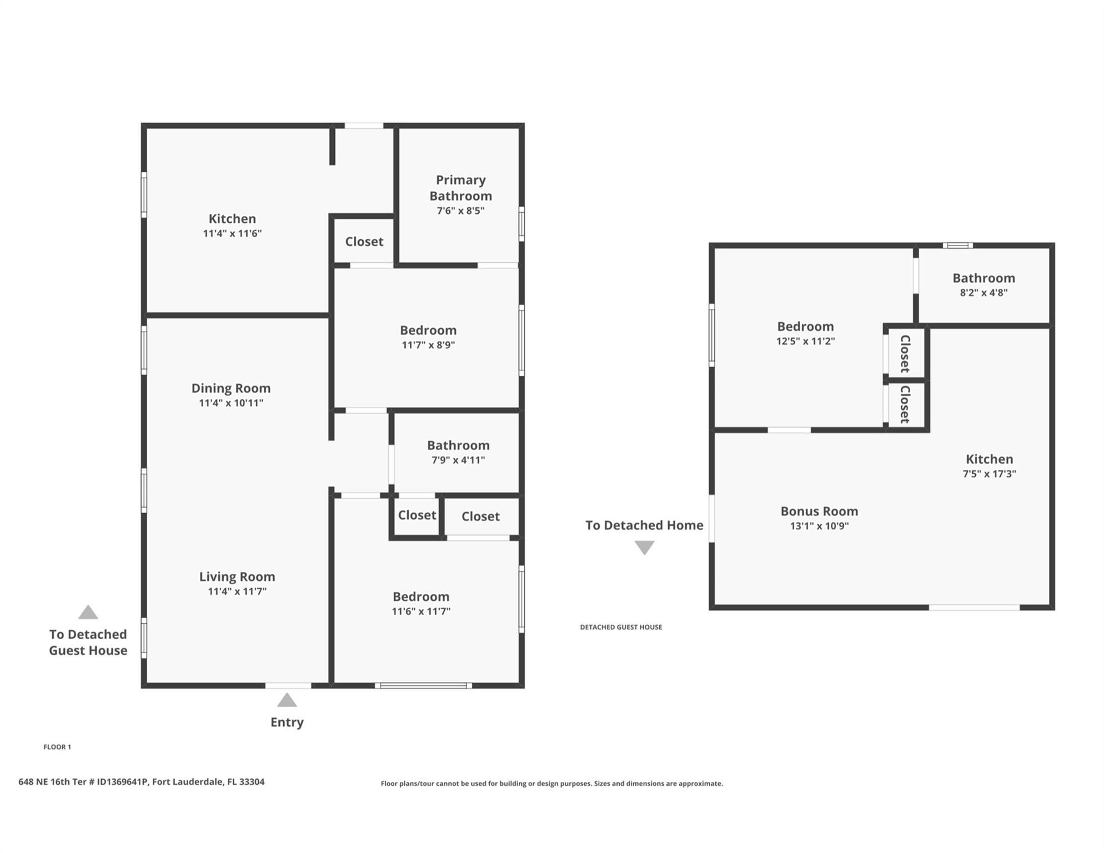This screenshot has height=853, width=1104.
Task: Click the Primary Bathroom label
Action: (460, 188)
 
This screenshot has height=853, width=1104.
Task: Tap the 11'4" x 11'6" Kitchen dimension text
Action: (232, 233)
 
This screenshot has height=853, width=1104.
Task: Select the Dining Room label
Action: (231, 388)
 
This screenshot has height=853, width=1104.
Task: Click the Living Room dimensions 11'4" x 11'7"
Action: (237, 591)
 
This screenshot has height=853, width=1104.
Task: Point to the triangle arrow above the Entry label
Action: (287, 700)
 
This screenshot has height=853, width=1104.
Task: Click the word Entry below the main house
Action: (287, 722)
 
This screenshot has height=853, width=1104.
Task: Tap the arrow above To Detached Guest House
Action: (88, 613)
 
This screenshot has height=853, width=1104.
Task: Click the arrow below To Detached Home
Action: (644, 548)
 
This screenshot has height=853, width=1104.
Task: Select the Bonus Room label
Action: (819, 511)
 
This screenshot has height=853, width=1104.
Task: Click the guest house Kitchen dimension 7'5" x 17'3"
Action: (989, 474)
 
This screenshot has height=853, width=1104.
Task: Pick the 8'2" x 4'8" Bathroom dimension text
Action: (983, 293)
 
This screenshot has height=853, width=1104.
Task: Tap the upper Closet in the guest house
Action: (905, 354)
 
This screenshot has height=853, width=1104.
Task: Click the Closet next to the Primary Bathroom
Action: (364, 242)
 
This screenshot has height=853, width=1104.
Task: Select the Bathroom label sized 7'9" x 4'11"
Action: (458, 445)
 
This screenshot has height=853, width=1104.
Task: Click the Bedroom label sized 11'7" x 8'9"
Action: (428, 330)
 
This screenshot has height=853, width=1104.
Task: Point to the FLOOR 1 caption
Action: (57, 747)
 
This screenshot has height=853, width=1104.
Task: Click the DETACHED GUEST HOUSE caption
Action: (621, 627)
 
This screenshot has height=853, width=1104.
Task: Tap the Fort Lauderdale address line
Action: (141, 782)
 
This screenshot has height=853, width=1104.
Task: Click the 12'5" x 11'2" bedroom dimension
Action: (805, 341)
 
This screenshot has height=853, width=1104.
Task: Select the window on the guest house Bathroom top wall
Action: (957, 245)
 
